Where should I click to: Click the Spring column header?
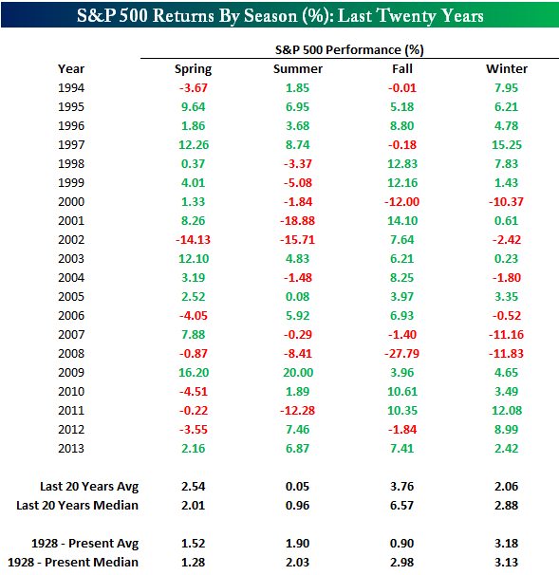[193, 69]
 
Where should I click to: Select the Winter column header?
[507, 68]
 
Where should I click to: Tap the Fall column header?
[402, 68]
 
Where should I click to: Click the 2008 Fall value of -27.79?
[401, 354]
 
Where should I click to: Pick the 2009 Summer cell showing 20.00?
[298, 373]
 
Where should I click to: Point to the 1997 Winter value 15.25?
[507, 145]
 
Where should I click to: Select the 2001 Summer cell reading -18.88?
[297, 221]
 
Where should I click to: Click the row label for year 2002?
[71, 240]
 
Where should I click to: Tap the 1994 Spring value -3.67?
[194, 88]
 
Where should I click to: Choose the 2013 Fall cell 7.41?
[402, 449]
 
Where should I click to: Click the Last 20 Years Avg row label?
[89, 487]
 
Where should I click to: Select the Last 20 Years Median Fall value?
[402, 506]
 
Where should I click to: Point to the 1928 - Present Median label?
[73, 562]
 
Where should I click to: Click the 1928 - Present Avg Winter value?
[507, 543]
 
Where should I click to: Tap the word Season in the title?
[270, 16]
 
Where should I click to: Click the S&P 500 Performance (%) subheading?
[349, 50]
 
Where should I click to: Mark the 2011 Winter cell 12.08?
[507, 410]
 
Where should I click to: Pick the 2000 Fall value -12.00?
[401, 202]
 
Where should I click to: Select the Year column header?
[71, 68]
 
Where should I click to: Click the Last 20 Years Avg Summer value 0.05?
[297, 487]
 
